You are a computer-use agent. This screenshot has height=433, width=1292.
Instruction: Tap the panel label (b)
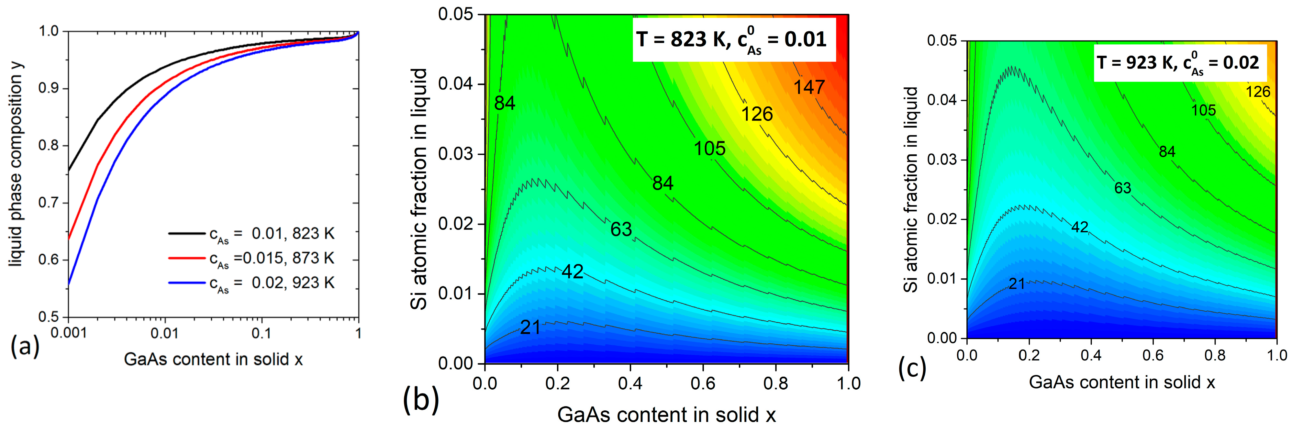(x=420, y=400)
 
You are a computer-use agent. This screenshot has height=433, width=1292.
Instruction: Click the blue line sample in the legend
(x=186, y=283)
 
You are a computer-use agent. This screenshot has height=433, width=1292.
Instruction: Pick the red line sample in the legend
(x=186, y=258)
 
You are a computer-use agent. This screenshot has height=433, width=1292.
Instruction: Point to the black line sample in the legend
(x=186, y=233)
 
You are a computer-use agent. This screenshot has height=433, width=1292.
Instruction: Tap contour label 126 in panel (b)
(x=757, y=114)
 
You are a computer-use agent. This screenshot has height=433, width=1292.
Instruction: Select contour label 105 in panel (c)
(x=1203, y=110)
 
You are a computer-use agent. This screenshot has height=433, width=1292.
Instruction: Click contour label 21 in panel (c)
(x=1017, y=284)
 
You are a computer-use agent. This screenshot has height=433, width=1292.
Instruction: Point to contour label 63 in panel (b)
(x=621, y=230)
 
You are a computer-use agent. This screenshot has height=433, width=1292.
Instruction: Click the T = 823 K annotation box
(x=733, y=39)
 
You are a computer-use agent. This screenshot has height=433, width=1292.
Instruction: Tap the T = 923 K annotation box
(x=1180, y=63)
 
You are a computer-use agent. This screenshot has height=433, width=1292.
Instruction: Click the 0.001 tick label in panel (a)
(x=69, y=333)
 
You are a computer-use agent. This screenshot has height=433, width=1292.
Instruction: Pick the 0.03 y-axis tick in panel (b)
(x=455, y=154)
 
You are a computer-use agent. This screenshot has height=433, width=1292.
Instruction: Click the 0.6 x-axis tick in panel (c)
(x=1153, y=355)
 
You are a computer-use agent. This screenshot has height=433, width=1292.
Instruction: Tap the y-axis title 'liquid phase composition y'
(x=16, y=166)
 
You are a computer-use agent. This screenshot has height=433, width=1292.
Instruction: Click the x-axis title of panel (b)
(x=666, y=415)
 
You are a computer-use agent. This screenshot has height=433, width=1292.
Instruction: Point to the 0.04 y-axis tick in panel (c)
(x=941, y=100)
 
